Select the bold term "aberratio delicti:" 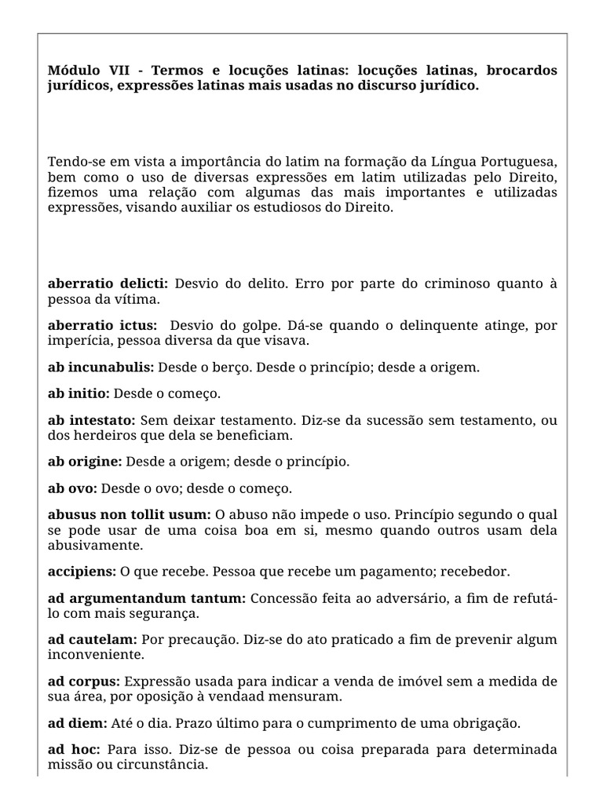pos(108,283)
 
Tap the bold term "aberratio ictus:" pos(102,326)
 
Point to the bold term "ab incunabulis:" pos(101,367)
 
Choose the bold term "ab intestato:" pos(92,421)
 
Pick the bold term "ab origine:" pos(85,462)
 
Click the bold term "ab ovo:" pos(72,488)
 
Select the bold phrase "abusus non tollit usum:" pos(130,515)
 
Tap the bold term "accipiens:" pos(82,571)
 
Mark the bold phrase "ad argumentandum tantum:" pos(147,599)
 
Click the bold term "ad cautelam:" pos(93,640)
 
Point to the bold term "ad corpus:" pos(84,681)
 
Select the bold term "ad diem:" pos(77,722)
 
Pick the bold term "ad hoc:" pos(74,750)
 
